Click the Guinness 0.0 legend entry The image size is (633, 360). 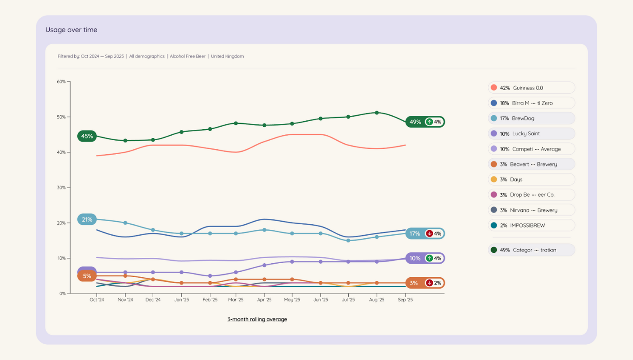tap(531, 88)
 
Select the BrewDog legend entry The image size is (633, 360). tap(531, 118)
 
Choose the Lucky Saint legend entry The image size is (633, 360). tap(531, 133)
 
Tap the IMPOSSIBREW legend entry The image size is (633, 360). tap(531, 225)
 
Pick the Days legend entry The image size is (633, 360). tap(531, 180)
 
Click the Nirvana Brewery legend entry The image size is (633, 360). tap(531, 210)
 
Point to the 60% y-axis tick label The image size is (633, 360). tap(61, 82)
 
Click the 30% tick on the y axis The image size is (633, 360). tap(61, 188)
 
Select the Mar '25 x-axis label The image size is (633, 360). tap(236, 300)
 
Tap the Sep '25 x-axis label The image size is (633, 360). tap(405, 300)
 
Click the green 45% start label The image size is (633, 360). tap(87, 136)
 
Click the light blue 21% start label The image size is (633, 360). tap(87, 220)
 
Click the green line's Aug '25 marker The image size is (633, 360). tap(377, 113)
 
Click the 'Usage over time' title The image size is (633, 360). tap(71, 30)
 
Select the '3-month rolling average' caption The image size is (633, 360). tap(257, 319)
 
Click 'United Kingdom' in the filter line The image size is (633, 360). tap(227, 57)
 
